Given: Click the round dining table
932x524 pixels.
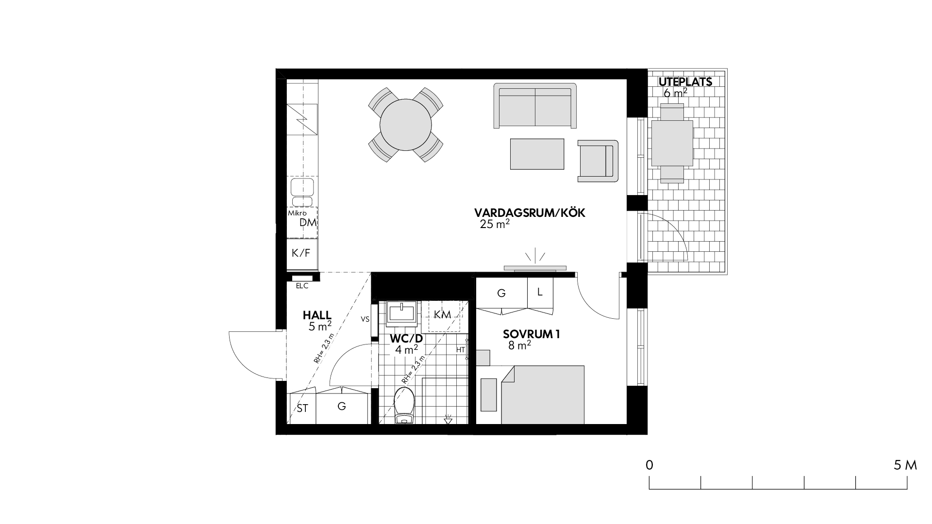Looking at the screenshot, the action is click(405, 125).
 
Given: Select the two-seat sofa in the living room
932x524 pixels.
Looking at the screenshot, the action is click(535, 106).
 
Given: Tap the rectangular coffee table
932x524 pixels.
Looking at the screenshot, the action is click(537, 154).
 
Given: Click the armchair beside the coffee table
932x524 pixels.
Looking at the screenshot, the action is click(598, 161).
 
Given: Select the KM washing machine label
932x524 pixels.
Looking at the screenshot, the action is click(443, 314).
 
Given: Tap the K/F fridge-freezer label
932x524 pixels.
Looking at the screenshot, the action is click(300, 253).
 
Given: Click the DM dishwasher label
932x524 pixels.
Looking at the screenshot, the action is click(308, 223).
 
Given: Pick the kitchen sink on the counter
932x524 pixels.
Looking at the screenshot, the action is click(302, 192).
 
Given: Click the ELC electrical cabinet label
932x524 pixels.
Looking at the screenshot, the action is click(302, 286).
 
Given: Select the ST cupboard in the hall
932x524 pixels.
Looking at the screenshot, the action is click(302, 408).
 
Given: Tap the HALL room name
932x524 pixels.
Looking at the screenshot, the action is click(317, 315).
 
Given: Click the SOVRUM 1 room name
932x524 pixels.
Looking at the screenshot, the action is click(532, 334).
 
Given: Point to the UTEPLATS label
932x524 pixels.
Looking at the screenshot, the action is click(685, 82).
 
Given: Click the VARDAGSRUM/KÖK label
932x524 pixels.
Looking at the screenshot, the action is click(530, 213).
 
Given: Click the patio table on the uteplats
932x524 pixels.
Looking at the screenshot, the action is click(672, 143).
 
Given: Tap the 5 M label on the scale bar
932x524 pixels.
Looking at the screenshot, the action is click(905, 465).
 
